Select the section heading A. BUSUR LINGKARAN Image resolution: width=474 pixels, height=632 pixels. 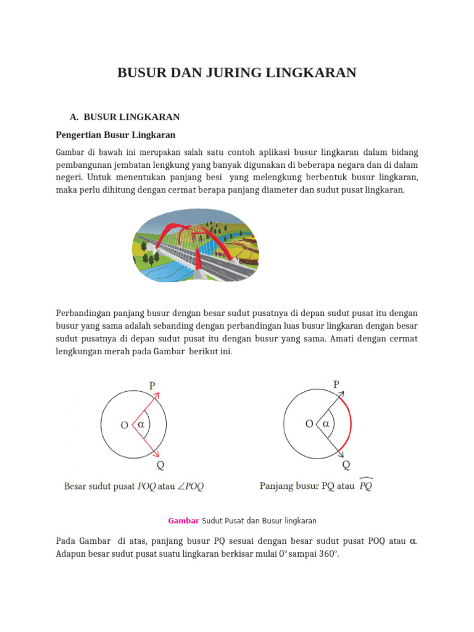tap(125, 117)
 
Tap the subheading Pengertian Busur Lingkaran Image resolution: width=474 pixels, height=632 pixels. tap(115, 135)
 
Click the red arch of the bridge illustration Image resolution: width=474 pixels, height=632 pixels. tap(176, 231)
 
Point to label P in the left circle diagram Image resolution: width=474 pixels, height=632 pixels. tap(153, 386)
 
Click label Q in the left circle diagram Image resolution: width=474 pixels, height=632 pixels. tap(160, 465)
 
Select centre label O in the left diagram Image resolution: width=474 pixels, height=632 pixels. tap(124, 425)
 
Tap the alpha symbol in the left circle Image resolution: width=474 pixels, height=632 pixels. tap(141, 425)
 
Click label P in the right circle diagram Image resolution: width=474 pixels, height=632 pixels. tap(336, 385)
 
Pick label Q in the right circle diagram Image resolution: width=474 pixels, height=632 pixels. tap(346, 465)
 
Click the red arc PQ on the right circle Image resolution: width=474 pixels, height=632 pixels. tap(350, 425)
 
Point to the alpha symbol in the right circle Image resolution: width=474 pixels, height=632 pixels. tap(325, 424)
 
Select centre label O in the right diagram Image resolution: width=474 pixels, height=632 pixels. tap(309, 424)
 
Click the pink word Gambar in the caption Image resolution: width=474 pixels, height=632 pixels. tap(183, 521)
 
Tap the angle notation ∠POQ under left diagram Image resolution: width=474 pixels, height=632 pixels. tap(189, 486)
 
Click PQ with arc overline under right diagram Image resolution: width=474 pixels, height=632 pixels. tap(365, 485)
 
